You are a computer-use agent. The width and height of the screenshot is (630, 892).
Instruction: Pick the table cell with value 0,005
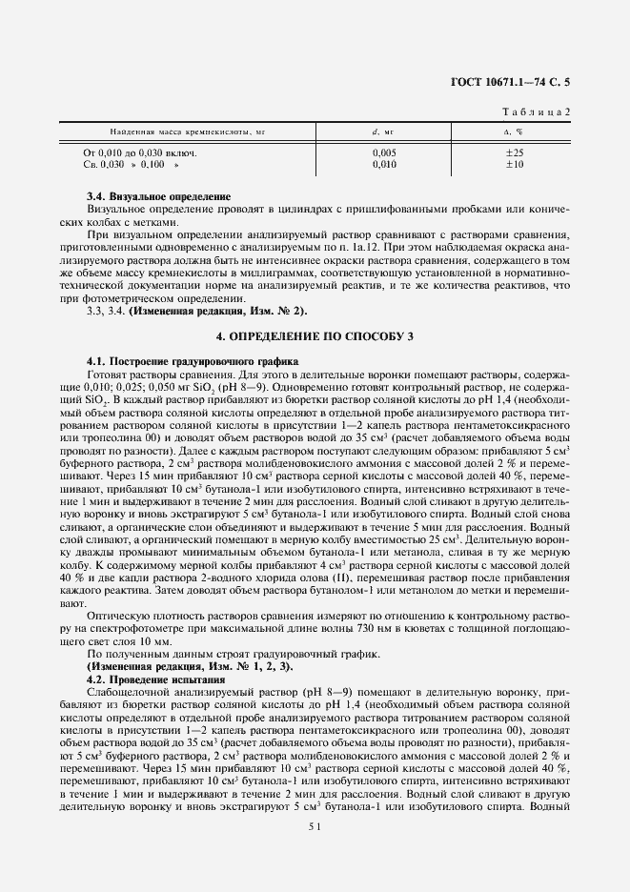[x=383, y=152]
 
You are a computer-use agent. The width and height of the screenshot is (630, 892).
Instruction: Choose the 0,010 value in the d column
[x=383, y=164]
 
